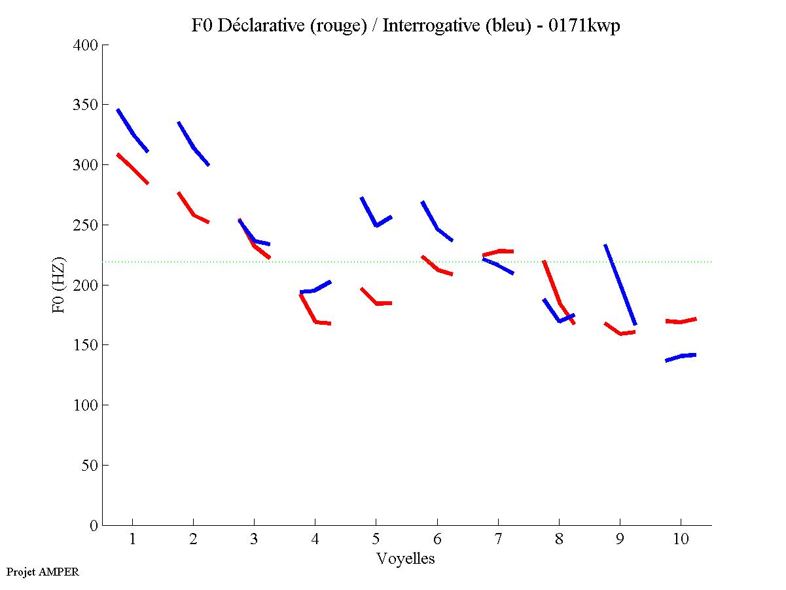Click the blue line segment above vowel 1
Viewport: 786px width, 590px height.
click(133, 133)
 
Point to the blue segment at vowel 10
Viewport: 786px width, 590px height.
click(681, 356)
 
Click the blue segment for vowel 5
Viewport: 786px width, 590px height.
click(375, 224)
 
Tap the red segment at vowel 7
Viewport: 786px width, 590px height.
click(498, 251)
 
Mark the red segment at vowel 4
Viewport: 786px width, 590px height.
click(314, 320)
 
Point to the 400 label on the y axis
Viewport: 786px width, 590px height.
click(86, 45)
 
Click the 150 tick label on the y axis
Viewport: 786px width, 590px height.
click(86, 345)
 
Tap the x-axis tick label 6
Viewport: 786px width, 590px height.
click(437, 540)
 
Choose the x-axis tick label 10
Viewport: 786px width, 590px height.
click(681, 540)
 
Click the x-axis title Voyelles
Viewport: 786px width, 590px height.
click(405, 559)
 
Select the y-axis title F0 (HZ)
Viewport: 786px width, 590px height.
click(60, 285)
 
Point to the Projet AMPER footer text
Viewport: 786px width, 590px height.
click(43, 572)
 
